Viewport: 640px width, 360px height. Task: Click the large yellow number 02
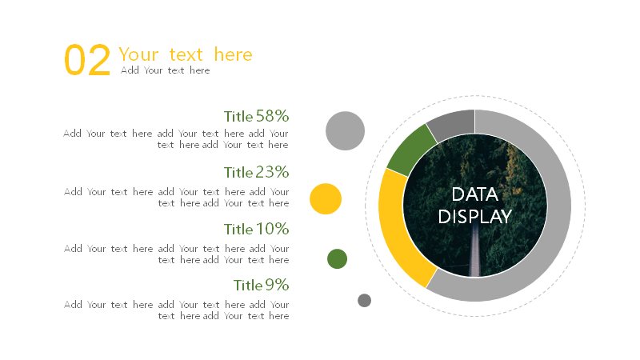[x=87, y=60]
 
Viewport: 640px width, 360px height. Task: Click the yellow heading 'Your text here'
[x=186, y=54]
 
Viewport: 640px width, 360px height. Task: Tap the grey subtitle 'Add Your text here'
[x=166, y=70]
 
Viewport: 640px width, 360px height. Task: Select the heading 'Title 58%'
[x=256, y=116]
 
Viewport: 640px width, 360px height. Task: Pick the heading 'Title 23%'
[x=256, y=172]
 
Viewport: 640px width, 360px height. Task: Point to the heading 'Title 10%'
[x=256, y=229]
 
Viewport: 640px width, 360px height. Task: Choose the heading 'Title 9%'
[x=262, y=285]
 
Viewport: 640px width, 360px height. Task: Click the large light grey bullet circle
[x=345, y=130]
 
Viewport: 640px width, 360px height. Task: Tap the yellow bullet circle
[x=326, y=198]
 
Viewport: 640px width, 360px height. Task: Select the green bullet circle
[x=337, y=258]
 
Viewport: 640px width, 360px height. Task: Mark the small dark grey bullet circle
[x=365, y=301]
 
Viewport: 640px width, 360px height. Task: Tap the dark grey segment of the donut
[x=452, y=123]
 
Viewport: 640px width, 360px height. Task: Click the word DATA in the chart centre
[x=474, y=194]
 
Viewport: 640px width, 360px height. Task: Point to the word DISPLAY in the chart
[x=474, y=217]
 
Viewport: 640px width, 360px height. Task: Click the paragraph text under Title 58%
[x=176, y=138]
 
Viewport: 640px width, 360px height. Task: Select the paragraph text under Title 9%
[x=176, y=310]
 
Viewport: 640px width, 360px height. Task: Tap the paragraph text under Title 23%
[x=176, y=197]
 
